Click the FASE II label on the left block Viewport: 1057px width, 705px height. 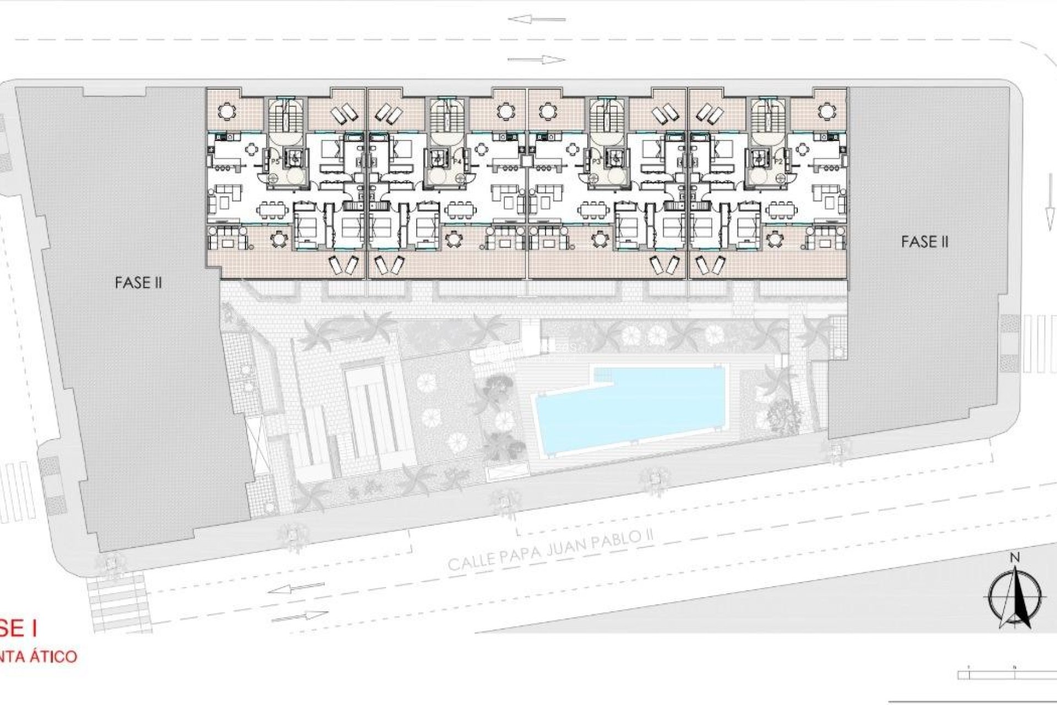pos(138,283)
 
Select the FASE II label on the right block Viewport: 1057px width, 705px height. pos(925,242)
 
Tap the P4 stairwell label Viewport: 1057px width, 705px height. pos(456,161)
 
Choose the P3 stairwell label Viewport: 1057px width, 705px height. pos(596,161)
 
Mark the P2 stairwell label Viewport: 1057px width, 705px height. pos(778,161)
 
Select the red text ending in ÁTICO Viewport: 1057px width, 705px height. pos(39,657)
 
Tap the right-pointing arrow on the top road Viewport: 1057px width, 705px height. pos(537,59)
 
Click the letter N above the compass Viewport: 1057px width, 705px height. pos(1015,558)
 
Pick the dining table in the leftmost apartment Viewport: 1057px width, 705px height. pos(274,210)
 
